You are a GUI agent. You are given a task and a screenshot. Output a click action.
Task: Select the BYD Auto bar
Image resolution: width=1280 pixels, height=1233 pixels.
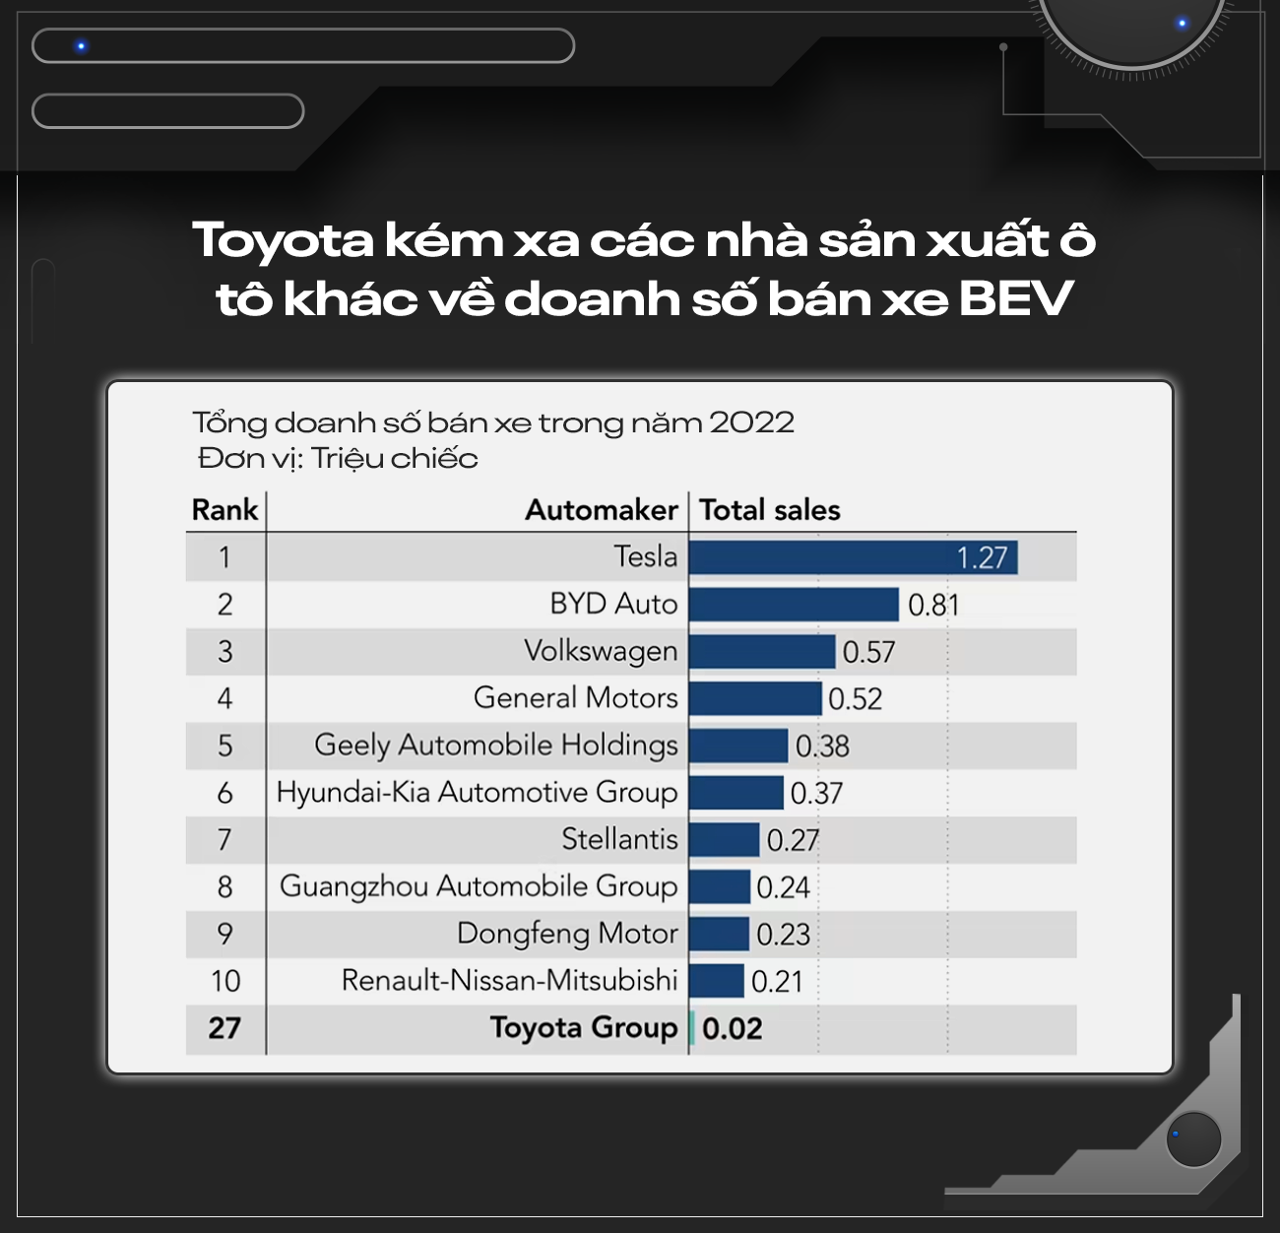pyautogui.click(x=794, y=605)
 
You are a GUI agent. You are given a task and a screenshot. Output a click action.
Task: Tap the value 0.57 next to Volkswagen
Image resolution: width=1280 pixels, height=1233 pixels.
pyautogui.click(x=868, y=652)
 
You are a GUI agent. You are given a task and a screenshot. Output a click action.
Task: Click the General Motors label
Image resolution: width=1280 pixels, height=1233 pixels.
pyautogui.click(x=575, y=698)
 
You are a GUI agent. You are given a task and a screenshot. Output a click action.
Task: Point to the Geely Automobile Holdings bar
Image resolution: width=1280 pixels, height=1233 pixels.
pyautogui.click(x=738, y=746)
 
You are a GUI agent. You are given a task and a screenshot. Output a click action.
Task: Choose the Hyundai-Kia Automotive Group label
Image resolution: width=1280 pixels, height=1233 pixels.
pyautogui.click(x=477, y=793)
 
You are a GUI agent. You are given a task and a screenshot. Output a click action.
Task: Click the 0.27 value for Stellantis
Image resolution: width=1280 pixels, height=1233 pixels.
pyautogui.click(x=793, y=840)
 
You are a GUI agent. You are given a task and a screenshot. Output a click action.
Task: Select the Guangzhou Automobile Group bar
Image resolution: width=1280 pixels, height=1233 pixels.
pyautogui.click(x=720, y=886)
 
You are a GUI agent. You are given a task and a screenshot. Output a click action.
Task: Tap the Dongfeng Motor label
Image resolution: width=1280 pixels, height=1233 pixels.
pyautogui.click(x=567, y=934)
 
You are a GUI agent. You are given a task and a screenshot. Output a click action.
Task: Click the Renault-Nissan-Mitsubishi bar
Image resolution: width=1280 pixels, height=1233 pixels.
pyautogui.click(x=717, y=981)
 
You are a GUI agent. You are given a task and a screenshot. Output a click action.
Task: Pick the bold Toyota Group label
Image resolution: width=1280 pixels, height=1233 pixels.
pyautogui.click(x=584, y=1028)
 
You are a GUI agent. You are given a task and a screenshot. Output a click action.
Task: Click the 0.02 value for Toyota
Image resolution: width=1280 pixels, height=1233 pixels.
pyautogui.click(x=733, y=1029)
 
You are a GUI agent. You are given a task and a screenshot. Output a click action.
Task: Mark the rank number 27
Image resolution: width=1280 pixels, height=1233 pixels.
pyautogui.click(x=224, y=1028)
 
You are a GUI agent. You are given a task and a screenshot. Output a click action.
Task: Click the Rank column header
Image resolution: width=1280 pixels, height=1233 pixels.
pyautogui.click(x=224, y=510)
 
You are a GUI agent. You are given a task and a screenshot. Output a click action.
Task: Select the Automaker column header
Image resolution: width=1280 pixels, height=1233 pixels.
pyautogui.click(x=601, y=510)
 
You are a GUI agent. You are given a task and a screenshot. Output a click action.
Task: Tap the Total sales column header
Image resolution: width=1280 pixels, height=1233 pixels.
pyautogui.click(x=770, y=510)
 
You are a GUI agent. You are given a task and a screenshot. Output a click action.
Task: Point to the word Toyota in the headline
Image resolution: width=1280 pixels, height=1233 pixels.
pyautogui.click(x=284, y=240)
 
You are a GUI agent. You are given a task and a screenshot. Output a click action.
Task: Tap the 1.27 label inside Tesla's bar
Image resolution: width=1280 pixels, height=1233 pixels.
pyautogui.click(x=982, y=558)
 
